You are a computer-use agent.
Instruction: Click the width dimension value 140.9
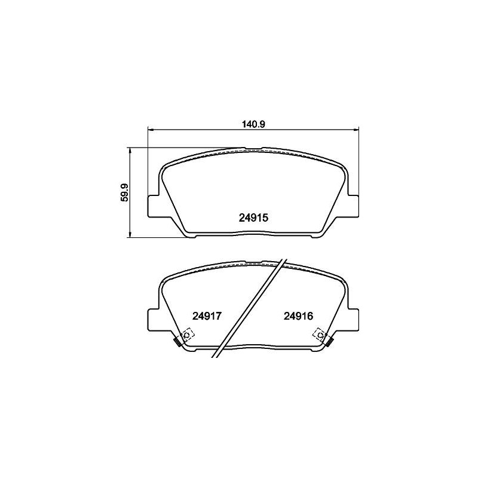(254, 124)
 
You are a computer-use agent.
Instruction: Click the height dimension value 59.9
(124, 192)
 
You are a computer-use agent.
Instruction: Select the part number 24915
(253, 217)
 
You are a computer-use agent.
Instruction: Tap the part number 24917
(206, 316)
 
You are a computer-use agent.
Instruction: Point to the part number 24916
(298, 316)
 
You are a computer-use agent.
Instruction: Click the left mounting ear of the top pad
(154, 206)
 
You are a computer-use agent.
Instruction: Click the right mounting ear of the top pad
(353, 206)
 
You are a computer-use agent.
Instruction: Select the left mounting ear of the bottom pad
(154, 320)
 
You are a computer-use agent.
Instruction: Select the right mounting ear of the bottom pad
(353, 320)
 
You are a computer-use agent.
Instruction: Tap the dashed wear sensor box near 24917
(188, 335)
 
